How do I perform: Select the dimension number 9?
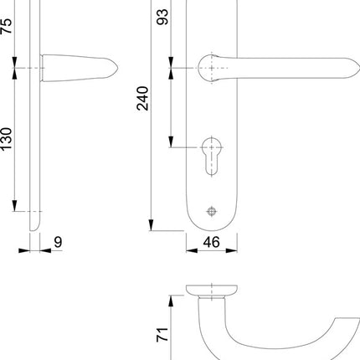coord(57,243)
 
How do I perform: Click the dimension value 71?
coord(164,335)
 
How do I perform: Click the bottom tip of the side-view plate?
coord(33,231)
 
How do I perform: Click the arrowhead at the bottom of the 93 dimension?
coord(171,141)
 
